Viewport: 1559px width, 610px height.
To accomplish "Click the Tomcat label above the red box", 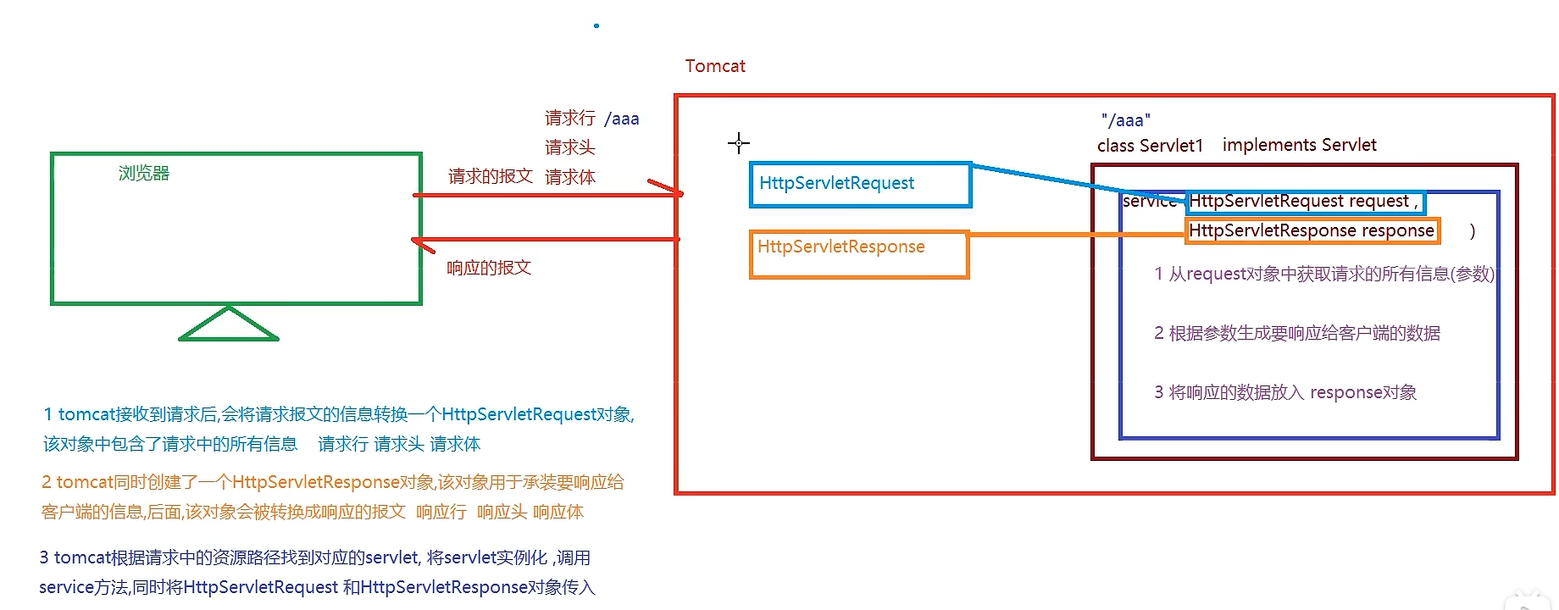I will (715, 66).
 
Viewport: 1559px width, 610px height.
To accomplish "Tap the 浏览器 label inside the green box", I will (144, 174).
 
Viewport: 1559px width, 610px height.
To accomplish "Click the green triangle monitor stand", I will (229, 326).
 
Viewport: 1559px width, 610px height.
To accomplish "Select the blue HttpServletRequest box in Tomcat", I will (860, 185).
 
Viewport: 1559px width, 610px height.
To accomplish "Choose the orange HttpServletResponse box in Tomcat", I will (858, 253).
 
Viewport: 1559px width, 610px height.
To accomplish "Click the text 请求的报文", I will (490, 176).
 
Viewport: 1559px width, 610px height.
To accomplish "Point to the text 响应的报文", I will (489, 268).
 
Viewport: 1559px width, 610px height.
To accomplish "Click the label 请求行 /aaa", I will (591, 119).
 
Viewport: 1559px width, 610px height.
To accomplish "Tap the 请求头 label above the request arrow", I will (569, 147).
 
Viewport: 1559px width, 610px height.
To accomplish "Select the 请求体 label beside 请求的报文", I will (569, 177).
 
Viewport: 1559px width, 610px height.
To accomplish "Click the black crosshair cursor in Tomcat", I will (739, 143).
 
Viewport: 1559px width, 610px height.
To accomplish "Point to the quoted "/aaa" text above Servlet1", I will (1125, 120).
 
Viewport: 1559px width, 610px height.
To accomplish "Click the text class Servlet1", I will (1150, 146).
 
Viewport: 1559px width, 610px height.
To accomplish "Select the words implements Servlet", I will (1299, 145).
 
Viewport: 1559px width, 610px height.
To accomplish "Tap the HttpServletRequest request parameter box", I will (1305, 202).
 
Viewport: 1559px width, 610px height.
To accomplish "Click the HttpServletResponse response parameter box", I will (1312, 230).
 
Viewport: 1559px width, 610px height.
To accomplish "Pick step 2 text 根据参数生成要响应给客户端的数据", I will (1296, 333).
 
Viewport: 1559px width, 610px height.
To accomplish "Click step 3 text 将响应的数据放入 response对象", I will (1284, 392).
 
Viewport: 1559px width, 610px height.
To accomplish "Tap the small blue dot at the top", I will (596, 25).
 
